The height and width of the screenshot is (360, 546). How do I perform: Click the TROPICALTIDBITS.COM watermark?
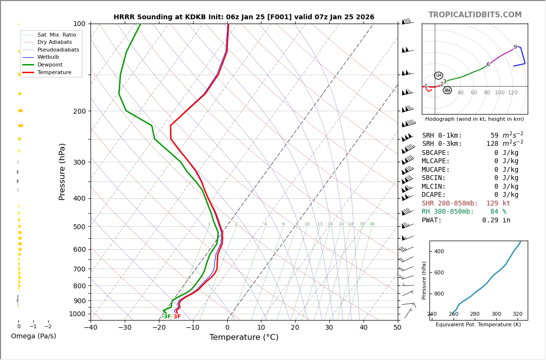coord(475,15)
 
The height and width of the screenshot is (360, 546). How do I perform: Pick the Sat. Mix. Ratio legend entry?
coord(56,35)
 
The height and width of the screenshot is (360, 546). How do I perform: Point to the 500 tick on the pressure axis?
coord(79,227)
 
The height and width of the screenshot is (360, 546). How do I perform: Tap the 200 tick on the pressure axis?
coord(79,111)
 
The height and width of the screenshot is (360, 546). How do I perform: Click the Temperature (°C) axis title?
coord(244,338)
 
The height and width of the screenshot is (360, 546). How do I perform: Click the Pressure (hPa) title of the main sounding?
coord(62,171)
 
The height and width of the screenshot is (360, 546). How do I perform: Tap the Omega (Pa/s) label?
coord(34,336)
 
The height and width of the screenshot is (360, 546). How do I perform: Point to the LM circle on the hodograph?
coord(438,76)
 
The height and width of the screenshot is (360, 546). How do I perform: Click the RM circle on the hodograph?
coord(447,90)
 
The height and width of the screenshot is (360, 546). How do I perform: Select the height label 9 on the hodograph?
coord(515,47)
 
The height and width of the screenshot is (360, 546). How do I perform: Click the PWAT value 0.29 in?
coord(496,220)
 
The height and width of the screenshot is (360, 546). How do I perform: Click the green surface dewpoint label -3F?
coord(166,317)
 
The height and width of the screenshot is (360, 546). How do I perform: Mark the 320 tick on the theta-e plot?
coord(517,314)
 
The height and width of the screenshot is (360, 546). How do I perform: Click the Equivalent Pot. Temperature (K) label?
coord(478,325)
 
